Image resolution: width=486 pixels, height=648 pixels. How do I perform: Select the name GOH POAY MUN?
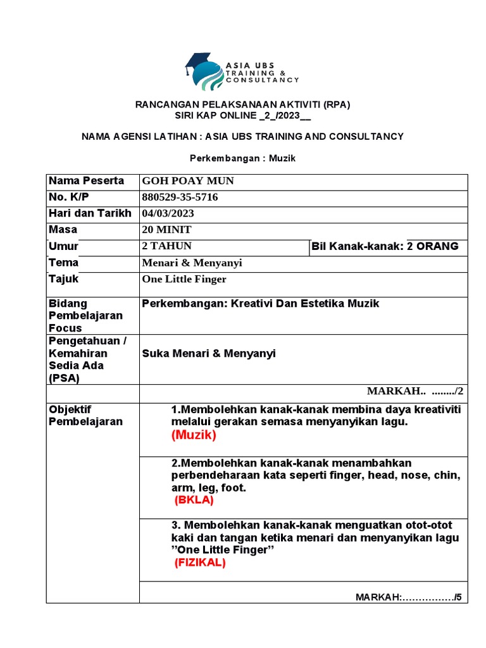pyautogui.click(x=188, y=181)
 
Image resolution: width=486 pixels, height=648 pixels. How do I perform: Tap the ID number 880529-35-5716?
pyautogui.click(x=180, y=197)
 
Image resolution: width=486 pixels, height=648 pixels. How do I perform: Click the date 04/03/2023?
pyautogui.click(x=168, y=213)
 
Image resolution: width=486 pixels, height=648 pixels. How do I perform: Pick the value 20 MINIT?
pyautogui.click(x=167, y=230)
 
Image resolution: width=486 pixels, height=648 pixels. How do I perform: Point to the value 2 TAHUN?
pyautogui.click(x=167, y=246)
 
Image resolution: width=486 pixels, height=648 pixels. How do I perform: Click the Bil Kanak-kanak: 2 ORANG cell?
pyautogui.click(x=385, y=246)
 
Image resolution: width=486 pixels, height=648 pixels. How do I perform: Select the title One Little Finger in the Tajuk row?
pyautogui.click(x=184, y=279)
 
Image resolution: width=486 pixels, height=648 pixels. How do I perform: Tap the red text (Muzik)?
pyautogui.click(x=193, y=435)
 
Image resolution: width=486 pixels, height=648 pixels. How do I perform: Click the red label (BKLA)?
pyautogui.click(x=194, y=500)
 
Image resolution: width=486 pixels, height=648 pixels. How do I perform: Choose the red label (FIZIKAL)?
pyautogui.click(x=200, y=563)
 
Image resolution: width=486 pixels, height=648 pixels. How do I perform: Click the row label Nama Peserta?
pyautogui.click(x=86, y=181)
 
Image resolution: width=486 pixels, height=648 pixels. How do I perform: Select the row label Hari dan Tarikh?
pyautogui.click(x=90, y=213)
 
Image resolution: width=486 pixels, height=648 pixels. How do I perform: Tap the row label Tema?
pyautogui.click(x=64, y=263)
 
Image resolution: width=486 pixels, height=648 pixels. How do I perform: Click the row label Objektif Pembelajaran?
pyautogui.click(x=85, y=415)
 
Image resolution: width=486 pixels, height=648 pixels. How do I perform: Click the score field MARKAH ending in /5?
pyautogui.click(x=409, y=597)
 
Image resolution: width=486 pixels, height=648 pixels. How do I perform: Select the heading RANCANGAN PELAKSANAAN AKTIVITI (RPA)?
pyautogui.click(x=243, y=104)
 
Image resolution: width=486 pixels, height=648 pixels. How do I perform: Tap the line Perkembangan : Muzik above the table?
pyautogui.click(x=243, y=158)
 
